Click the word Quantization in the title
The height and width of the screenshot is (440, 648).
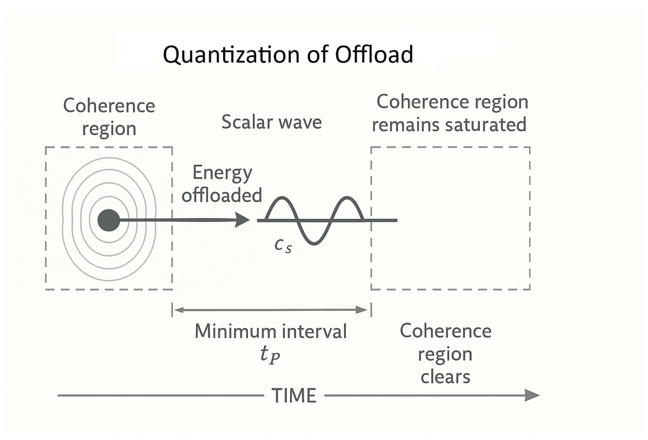click(x=231, y=54)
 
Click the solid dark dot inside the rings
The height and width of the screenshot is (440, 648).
click(x=109, y=220)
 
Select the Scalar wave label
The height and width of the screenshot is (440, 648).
click(x=272, y=122)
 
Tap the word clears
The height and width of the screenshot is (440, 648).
click(x=445, y=377)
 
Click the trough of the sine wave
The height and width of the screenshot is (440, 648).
click(x=315, y=243)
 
